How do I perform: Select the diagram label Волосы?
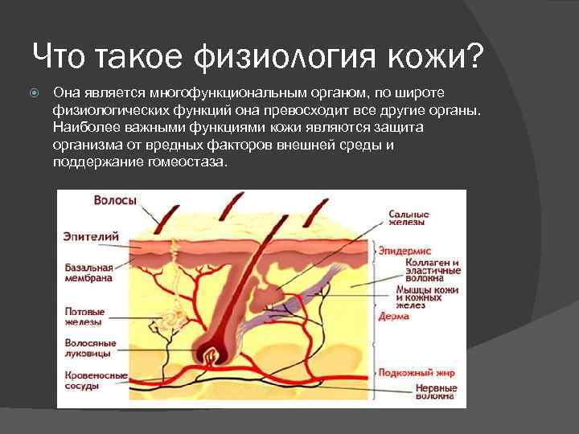(115, 200)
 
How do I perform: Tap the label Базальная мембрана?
(88, 272)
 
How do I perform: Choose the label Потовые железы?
(84, 316)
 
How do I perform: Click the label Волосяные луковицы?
(90, 348)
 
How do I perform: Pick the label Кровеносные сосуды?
(96, 380)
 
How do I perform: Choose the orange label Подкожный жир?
(417, 373)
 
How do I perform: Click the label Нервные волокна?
(435, 391)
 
